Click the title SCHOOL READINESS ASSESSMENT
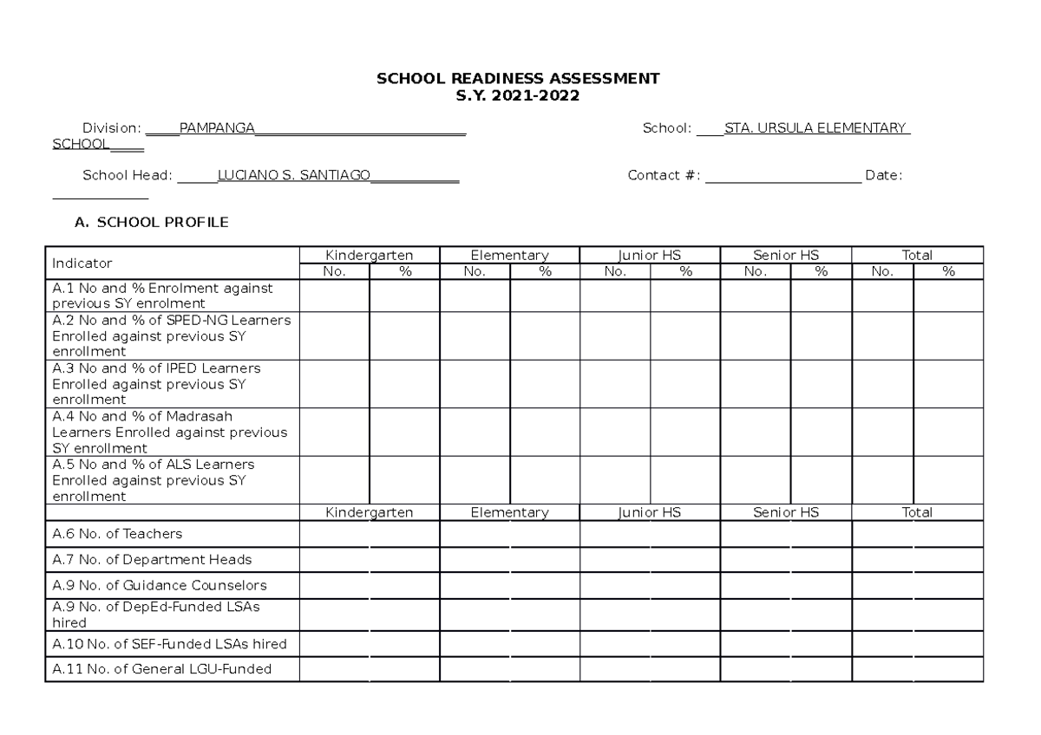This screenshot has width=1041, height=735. click(x=517, y=79)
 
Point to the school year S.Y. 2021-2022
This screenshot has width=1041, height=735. click(x=517, y=95)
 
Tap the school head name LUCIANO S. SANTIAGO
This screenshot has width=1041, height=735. click(x=293, y=175)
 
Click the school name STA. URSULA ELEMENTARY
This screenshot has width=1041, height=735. click(x=816, y=128)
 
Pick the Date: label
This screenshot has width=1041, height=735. click(x=883, y=175)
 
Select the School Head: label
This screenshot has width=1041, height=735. click(x=128, y=175)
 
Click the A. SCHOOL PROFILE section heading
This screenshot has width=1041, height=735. click(x=152, y=223)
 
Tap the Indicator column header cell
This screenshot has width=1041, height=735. click(x=82, y=263)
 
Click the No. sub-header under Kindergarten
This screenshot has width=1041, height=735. click(x=334, y=271)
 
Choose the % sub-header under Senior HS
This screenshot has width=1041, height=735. click(x=821, y=271)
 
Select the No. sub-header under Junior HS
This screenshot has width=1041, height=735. click(x=615, y=271)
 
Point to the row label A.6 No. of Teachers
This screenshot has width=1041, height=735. click(x=117, y=534)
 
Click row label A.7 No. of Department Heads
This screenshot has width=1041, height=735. click(x=152, y=560)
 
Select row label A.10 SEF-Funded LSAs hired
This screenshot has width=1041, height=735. click(x=169, y=644)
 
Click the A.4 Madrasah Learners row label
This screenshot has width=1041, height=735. click(x=169, y=433)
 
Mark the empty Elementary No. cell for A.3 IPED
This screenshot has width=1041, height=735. click(x=475, y=384)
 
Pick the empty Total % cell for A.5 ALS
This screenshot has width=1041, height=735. click(x=948, y=480)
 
